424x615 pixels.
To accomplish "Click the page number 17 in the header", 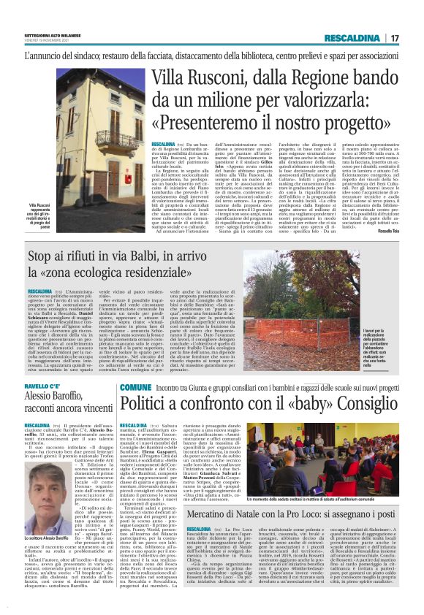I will tap(395, 38).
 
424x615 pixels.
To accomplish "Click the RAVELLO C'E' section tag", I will tap(45, 386).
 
